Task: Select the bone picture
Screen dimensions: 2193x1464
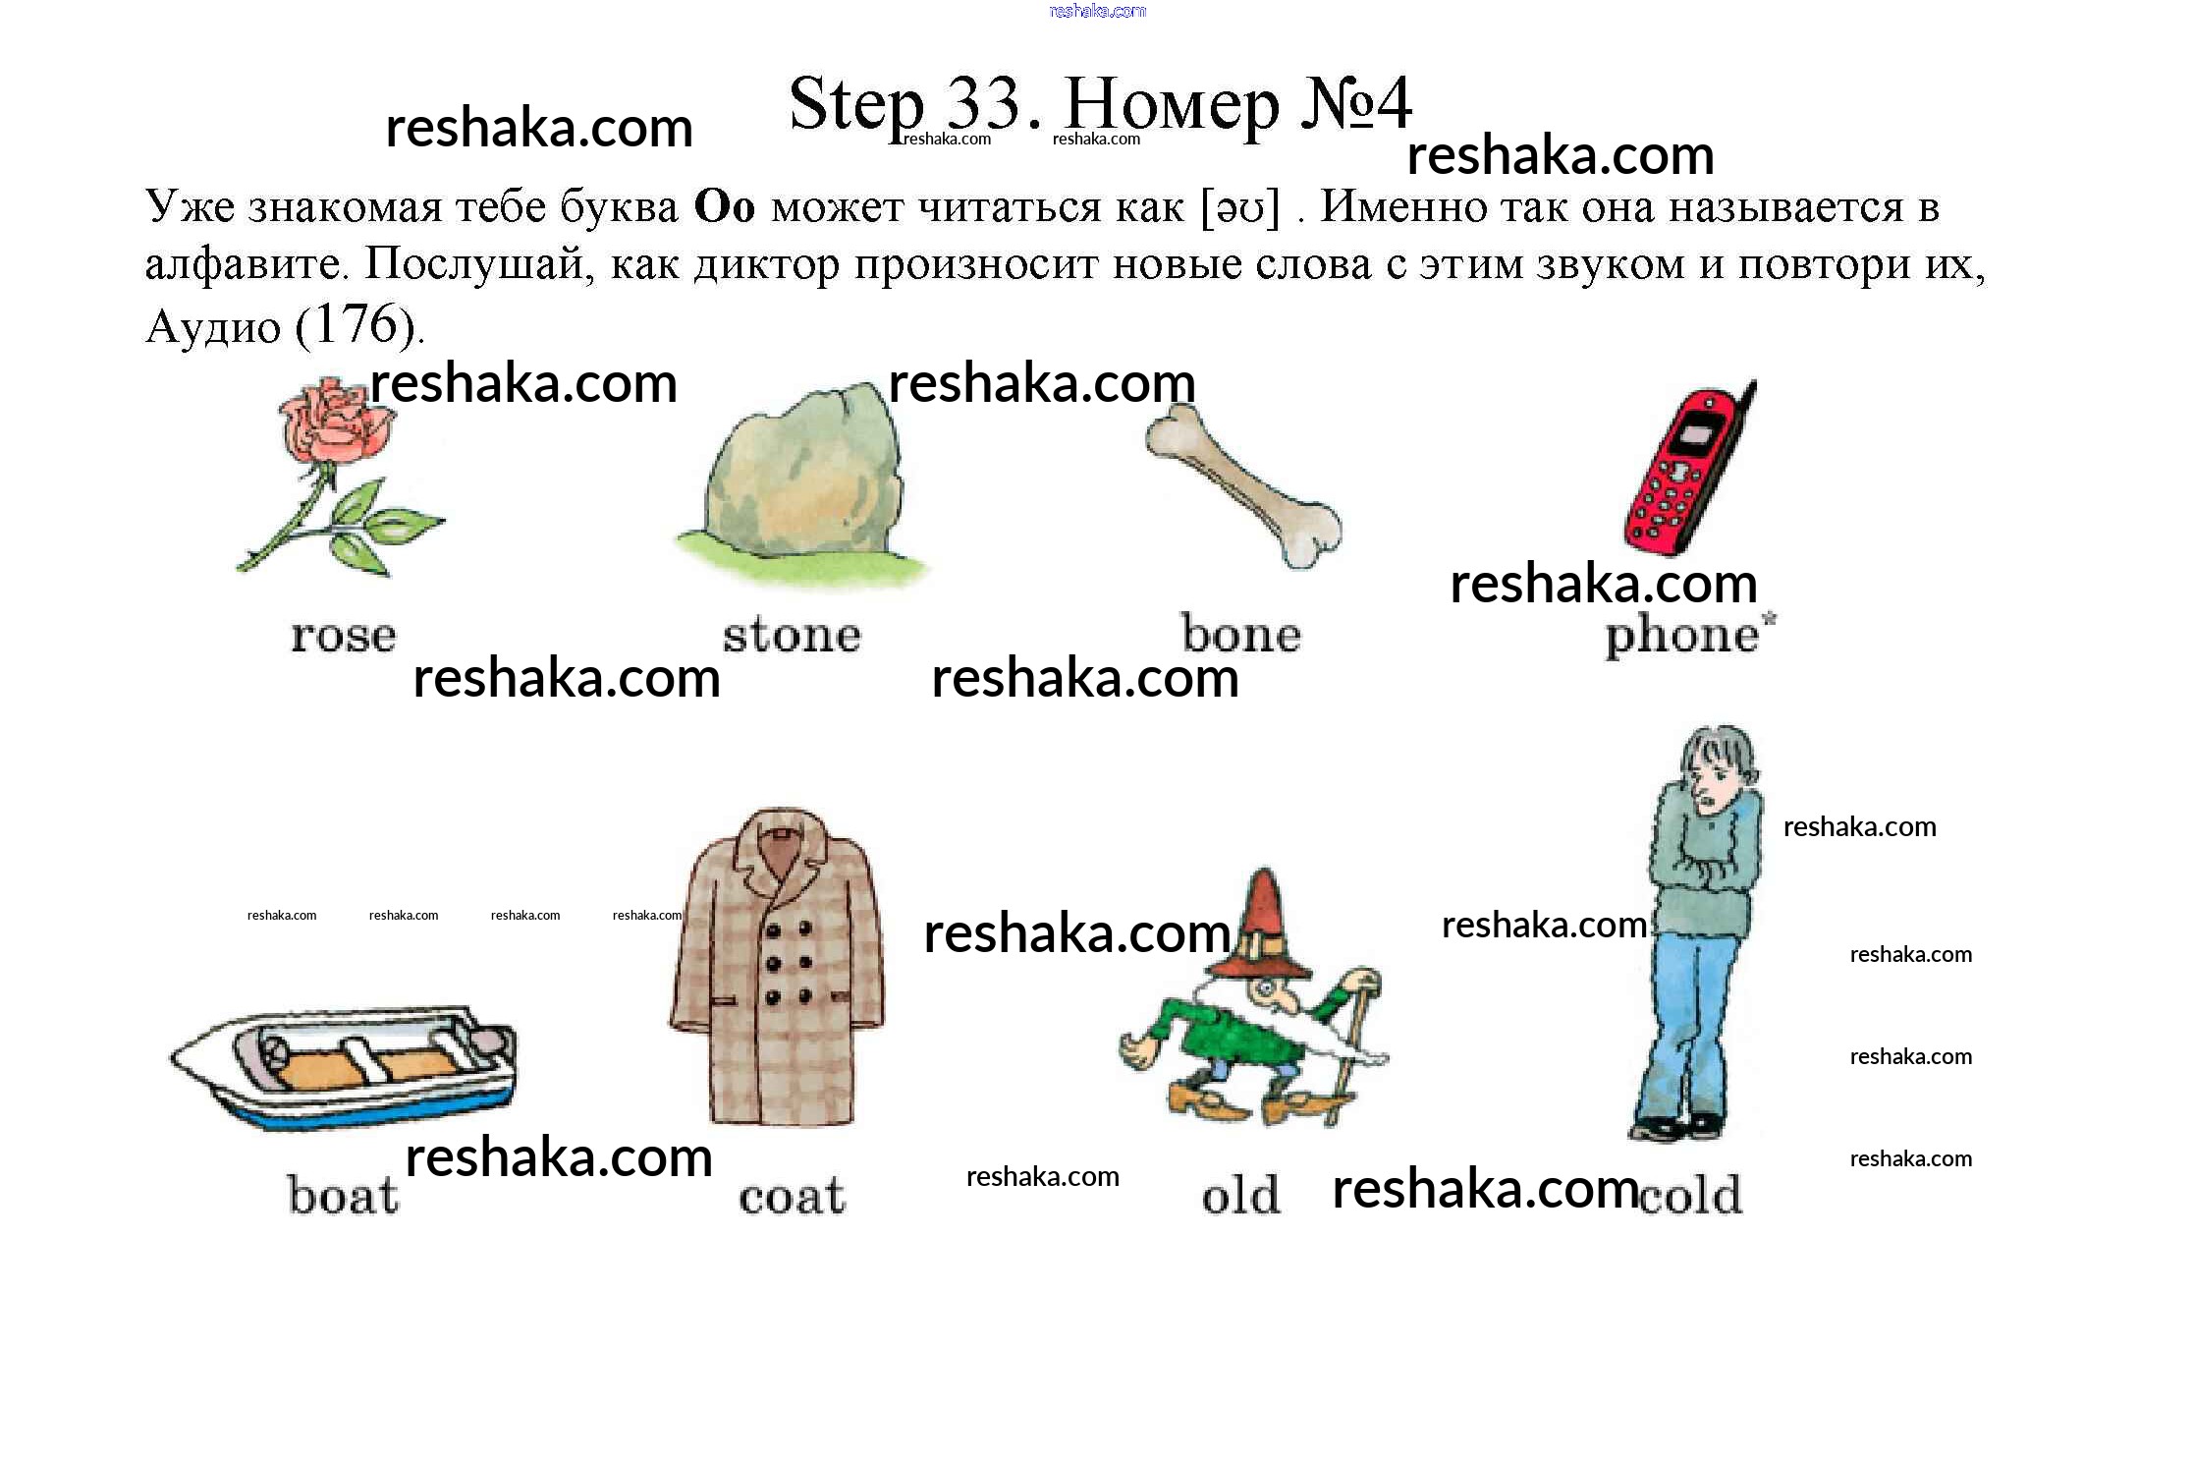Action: pos(1242,485)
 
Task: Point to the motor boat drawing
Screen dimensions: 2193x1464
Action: pos(344,1065)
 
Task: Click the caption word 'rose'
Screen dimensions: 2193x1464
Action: pos(344,636)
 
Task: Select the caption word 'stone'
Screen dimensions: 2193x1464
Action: pos(793,634)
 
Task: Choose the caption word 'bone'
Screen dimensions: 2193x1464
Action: pos(1241,634)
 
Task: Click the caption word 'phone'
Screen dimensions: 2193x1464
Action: pos(1682,635)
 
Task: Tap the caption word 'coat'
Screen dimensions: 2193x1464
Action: pos(792,1197)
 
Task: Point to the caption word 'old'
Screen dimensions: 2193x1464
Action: pos(1240,1195)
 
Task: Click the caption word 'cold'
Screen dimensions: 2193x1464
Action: pos(1690,1194)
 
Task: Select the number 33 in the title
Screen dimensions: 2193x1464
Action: pos(983,103)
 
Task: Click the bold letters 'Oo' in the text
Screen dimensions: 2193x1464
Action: pos(725,206)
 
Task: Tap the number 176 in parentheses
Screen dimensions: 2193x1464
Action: pos(355,324)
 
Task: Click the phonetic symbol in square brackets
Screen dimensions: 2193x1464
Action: pos(1241,207)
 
